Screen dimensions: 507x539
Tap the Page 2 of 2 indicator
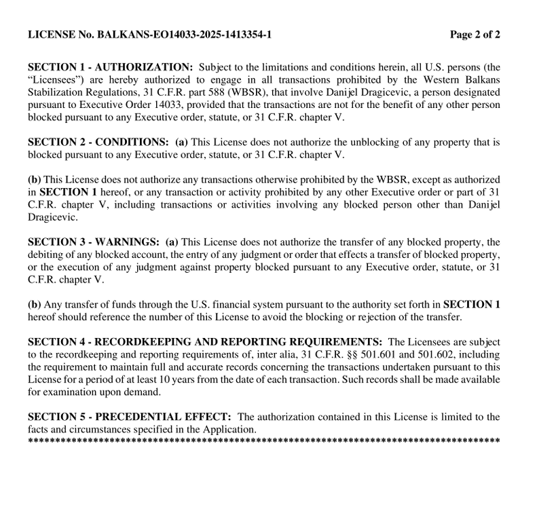475,35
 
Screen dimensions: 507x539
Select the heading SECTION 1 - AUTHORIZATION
110,67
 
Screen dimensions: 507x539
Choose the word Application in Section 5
230,429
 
